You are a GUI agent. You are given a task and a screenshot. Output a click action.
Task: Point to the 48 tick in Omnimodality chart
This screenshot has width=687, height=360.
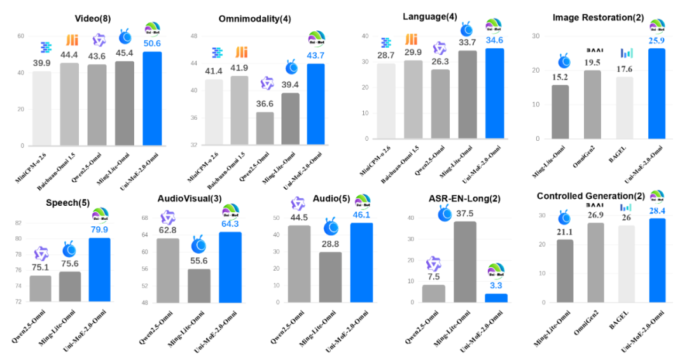[x=193, y=36]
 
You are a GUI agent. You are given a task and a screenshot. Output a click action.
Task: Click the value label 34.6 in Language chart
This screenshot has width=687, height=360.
[x=494, y=40]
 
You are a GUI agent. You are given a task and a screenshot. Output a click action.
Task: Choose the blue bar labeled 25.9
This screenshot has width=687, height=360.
[x=657, y=93]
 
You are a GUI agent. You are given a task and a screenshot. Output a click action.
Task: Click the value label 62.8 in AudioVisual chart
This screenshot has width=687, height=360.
[x=168, y=230]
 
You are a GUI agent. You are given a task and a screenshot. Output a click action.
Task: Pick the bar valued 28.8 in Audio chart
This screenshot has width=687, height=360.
[x=330, y=277]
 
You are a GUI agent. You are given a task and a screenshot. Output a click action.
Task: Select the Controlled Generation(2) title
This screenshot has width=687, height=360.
[x=590, y=196]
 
